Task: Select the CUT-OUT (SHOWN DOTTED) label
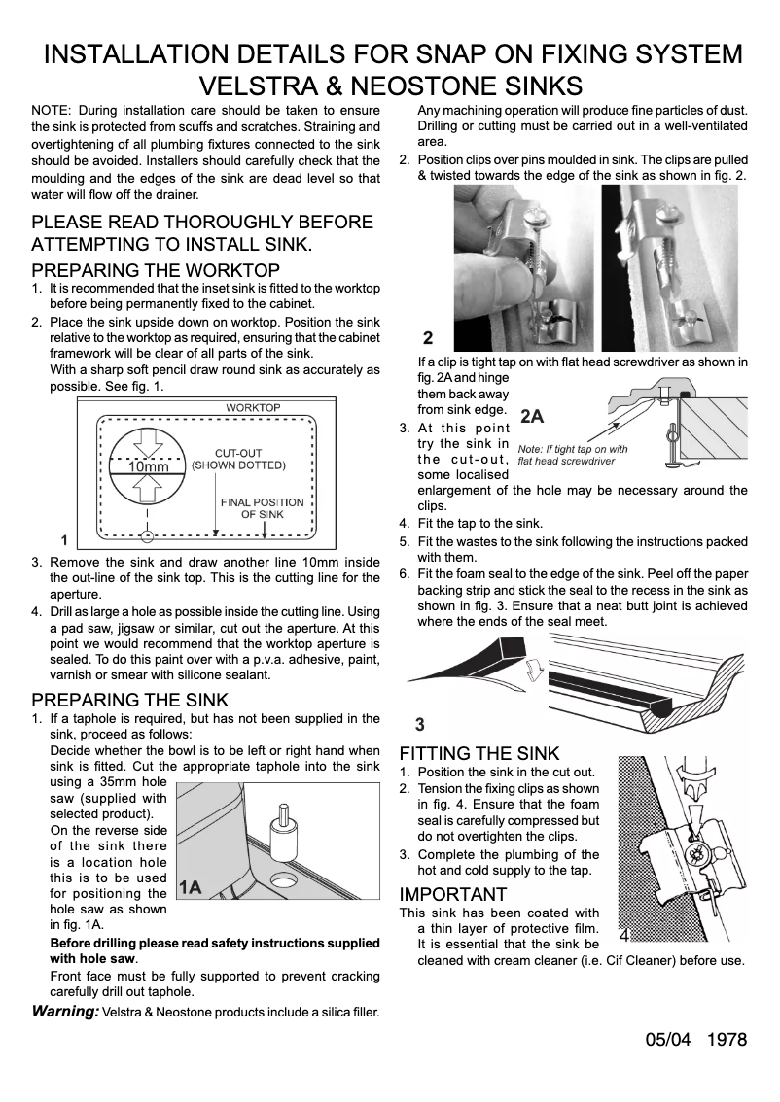point(238,459)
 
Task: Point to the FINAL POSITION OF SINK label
point(262,508)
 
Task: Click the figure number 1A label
point(191,887)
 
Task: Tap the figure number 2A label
point(532,416)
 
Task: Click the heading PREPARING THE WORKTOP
point(156,270)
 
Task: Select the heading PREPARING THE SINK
point(130,700)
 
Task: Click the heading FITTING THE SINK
point(479,753)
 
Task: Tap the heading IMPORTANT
point(453,894)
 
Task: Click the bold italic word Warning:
point(65,1012)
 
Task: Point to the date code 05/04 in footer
point(667,1040)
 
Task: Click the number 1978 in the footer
point(727,1040)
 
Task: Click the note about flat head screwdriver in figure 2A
point(573,455)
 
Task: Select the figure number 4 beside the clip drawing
point(623,935)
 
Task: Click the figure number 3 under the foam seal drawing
point(419,724)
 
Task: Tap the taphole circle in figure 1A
point(285,881)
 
